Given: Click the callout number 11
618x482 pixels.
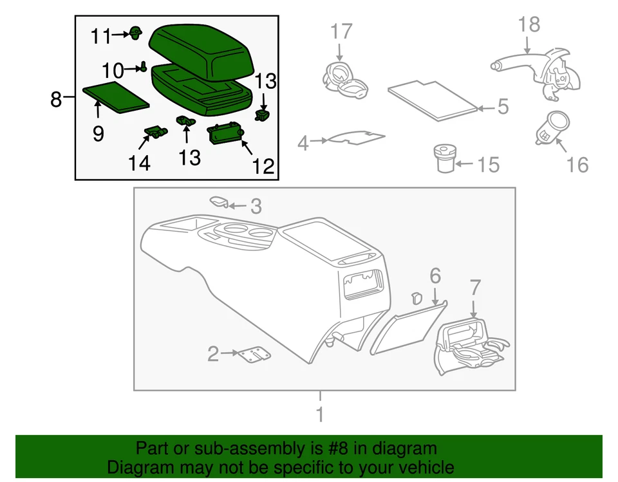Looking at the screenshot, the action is tap(101, 36).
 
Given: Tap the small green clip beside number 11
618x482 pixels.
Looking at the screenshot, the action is tap(136, 33).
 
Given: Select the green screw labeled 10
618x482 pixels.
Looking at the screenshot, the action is tap(144, 67).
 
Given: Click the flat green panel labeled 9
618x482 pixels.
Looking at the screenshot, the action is tap(116, 97).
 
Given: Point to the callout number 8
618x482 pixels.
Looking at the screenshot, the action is tap(56, 98).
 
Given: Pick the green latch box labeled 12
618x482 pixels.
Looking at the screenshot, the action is tap(225, 134).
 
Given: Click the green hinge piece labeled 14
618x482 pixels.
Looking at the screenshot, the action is tap(156, 132).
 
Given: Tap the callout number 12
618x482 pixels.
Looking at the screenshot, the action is tap(263, 166).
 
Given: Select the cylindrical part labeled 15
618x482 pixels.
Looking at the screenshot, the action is tap(445, 158).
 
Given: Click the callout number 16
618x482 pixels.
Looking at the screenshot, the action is tap(577, 164).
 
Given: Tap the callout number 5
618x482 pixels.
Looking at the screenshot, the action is tap(503, 106).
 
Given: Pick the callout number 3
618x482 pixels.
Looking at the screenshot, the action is tap(256, 206).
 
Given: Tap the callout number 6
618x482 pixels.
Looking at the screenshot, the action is tap(435, 276).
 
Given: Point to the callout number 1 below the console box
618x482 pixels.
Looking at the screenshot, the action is tap(320, 414).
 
